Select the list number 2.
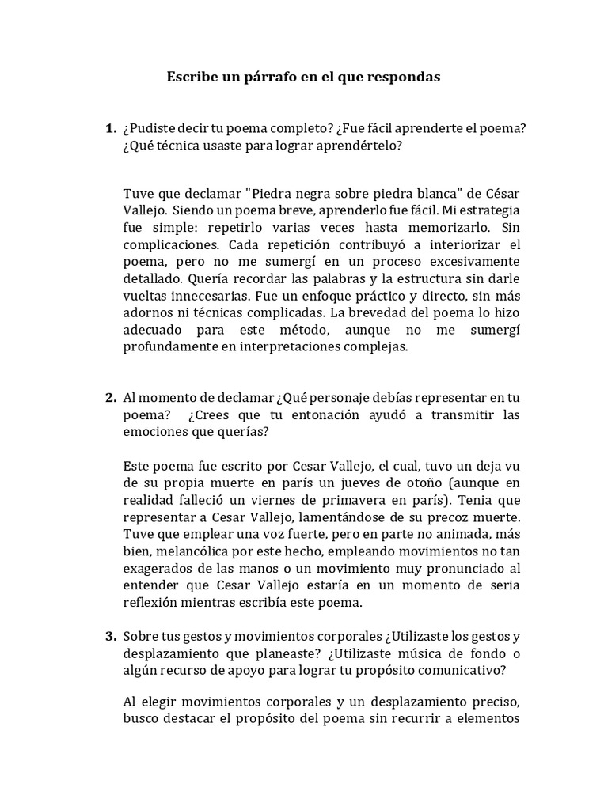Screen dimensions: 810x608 tap(111, 398)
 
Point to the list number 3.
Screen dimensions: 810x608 tap(111, 635)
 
